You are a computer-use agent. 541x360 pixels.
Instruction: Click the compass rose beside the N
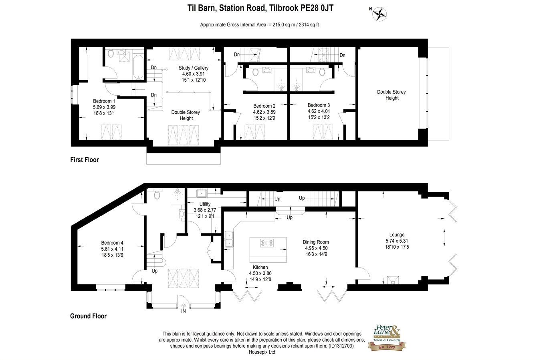(x=380, y=14)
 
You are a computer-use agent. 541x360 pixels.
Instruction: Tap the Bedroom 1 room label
(x=104, y=101)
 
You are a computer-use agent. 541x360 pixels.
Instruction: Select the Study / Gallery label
(x=194, y=68)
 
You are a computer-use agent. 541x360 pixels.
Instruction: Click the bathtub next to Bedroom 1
(x=138, y=67)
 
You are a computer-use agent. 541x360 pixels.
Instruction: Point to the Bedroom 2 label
(x=264, y=106)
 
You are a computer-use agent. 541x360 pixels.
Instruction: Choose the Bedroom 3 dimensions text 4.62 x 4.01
(x=319, y=111)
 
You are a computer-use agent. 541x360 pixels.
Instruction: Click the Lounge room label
(x=397, y=235)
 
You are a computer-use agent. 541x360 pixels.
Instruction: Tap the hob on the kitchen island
(x=267, y=243)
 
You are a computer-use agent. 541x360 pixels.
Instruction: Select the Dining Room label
(x=316, y=242)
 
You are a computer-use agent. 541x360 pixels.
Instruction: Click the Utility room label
(x=205, y=204)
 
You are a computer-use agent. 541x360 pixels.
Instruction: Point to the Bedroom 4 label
(x=112, y=243)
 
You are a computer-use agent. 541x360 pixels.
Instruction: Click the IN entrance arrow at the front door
(x=184, y=306)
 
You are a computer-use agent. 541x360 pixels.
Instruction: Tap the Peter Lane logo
(x=387, y=337)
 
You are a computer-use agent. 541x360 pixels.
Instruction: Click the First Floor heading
(x=85, y=160)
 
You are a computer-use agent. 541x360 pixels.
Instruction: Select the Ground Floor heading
(x=88, y=316)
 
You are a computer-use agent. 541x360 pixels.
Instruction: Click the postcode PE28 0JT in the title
(x=317, y=8)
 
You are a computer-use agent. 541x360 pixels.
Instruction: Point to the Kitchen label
(x=260, y=267)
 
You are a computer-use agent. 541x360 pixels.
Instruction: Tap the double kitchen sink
(x=229, y=239)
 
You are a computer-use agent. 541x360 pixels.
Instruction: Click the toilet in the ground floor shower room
(x=157, y=194)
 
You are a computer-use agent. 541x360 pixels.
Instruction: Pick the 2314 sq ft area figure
(x=309, y=24)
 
